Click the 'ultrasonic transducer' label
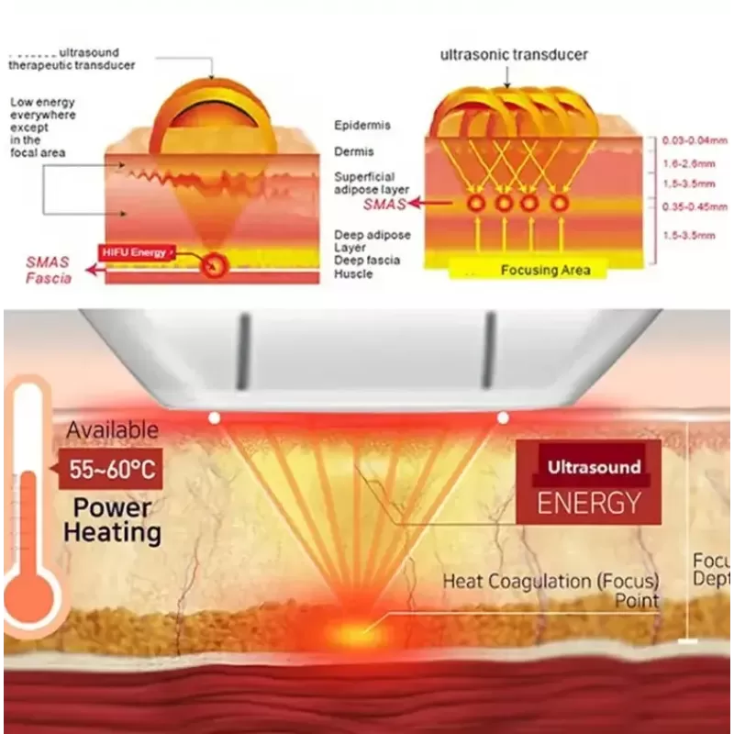(514, 55)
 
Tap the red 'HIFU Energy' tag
(137, 251)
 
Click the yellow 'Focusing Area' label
(546, 270)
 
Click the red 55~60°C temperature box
(110, 472)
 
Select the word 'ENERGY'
(588, 503)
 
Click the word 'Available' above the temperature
(112, 429)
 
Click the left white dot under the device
(214, 417)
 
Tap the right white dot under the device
(503, 417)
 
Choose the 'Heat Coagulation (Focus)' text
(550, 582)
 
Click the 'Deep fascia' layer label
(366, 261)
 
